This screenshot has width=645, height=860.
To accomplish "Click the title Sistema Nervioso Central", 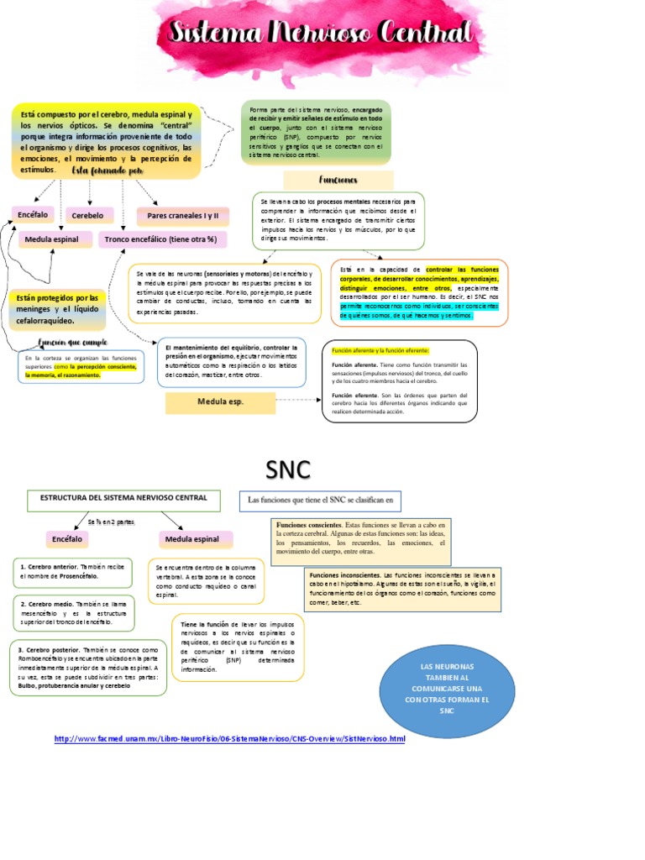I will tap(328, 34).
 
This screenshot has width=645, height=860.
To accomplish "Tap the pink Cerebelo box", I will tap(88, 216).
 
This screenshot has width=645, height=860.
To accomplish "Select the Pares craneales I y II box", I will tap(182, 216).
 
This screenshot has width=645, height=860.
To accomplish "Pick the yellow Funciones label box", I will tap(338, 180).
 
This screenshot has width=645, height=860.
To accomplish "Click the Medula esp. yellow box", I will tap(220, 402).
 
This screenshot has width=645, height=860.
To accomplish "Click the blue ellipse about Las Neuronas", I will tap(447, 687).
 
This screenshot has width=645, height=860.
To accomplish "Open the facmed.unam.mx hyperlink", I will tap(229, 739).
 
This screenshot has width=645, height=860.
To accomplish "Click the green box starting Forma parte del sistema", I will tap(316, 133).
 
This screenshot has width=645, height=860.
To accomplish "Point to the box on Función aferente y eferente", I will tap(400, 380).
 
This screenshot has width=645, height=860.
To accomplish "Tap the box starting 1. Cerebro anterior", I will tap(72, 573).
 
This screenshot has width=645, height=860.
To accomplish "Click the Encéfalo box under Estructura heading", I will tap(67, 538).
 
